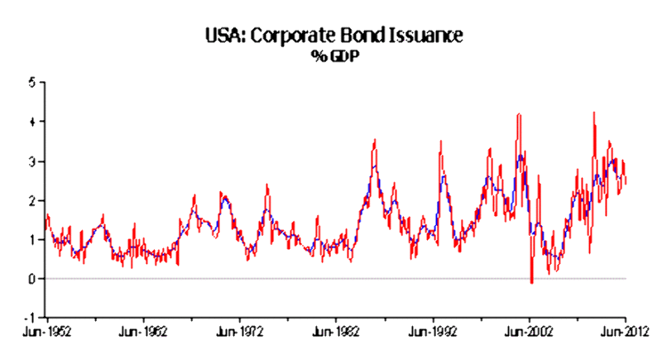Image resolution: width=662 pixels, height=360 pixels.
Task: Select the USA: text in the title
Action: click(223, 36)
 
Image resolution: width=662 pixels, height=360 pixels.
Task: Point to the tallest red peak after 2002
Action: click(594, 113)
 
